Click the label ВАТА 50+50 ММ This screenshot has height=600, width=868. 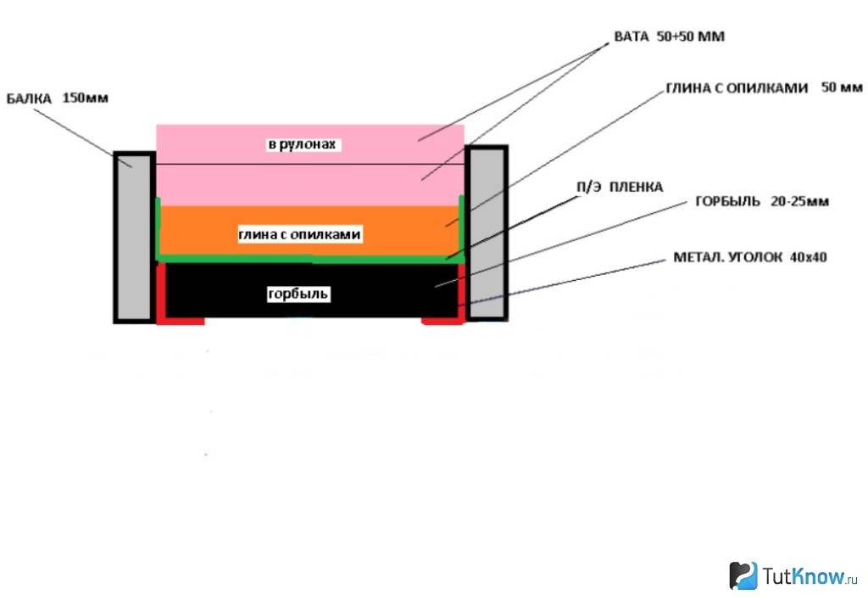669,37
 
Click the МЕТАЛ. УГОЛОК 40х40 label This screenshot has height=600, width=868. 750,256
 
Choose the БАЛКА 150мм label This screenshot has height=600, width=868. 58,98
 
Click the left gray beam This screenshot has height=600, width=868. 133,237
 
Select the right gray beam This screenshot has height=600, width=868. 487,233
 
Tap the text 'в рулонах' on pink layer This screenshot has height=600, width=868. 303,145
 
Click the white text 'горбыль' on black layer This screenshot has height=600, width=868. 298,294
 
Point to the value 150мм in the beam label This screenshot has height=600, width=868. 86,98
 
